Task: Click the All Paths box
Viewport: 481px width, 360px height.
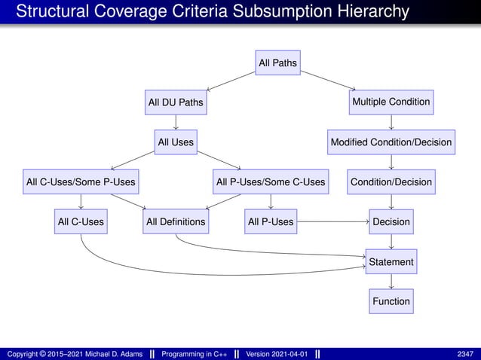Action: [277, 63]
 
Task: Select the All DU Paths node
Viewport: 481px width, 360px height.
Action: [175, 102]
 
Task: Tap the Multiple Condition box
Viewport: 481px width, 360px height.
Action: [391, 102]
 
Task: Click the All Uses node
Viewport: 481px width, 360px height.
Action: [175, 142]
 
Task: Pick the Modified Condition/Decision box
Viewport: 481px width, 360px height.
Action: [391, 142]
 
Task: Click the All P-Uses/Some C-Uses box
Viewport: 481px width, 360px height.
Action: [271, 182]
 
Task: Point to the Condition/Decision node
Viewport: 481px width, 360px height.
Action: [391, 182]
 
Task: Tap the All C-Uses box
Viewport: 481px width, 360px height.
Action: [81, 221]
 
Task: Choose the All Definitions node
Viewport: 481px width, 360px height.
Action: [175, 221]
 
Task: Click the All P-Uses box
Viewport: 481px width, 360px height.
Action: [271, 221]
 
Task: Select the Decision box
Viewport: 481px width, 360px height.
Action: [391, 221]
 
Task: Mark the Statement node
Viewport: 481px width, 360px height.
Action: [391, 261]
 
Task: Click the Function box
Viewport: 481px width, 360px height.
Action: [391, 301]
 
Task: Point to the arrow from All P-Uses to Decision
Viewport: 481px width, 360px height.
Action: [332, 221]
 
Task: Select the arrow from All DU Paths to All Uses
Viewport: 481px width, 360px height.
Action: [175, 121]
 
